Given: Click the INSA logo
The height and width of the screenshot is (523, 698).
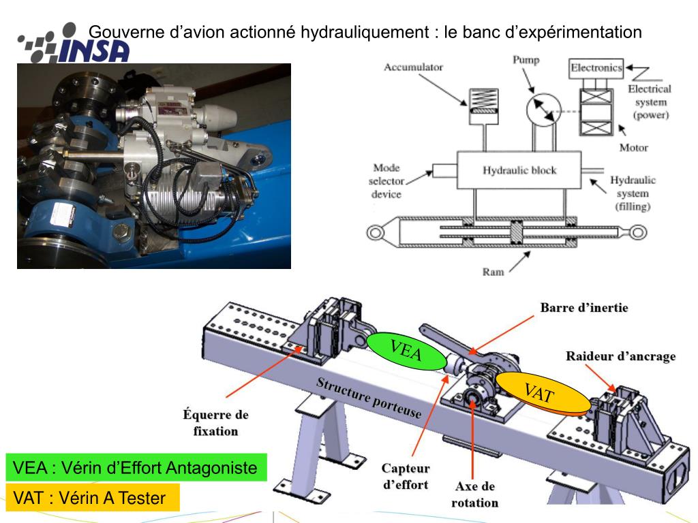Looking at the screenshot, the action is (74, 43).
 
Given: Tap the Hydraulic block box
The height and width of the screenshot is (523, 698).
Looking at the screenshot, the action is (519, 170).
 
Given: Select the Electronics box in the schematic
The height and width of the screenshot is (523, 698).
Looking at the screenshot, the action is (596, 68).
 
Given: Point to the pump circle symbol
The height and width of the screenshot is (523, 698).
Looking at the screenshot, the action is (543, 110).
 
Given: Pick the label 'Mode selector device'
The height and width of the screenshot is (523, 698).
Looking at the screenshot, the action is (386, 181).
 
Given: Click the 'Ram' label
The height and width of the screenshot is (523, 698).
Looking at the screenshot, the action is (494, 272).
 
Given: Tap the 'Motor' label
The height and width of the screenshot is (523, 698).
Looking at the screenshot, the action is (633, 148).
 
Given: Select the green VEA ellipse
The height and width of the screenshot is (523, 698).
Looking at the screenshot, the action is (406, 351).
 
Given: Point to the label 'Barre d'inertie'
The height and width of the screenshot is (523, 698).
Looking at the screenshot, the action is (584, 308).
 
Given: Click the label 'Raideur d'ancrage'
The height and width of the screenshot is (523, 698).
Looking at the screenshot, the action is (620, 356).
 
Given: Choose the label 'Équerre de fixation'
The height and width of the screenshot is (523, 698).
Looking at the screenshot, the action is (215, 423).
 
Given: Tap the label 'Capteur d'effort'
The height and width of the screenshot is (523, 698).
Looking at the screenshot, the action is (406, 476).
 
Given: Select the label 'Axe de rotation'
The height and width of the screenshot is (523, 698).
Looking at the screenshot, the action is (474, 494).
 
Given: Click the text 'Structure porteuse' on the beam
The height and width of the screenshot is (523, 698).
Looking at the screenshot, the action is (369, 398).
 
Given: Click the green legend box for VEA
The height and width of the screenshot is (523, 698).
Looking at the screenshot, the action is (136, 467).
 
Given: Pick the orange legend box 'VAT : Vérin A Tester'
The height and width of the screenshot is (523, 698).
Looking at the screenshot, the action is (93, 498).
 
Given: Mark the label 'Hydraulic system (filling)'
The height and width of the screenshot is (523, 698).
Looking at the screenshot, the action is (633, 193).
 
